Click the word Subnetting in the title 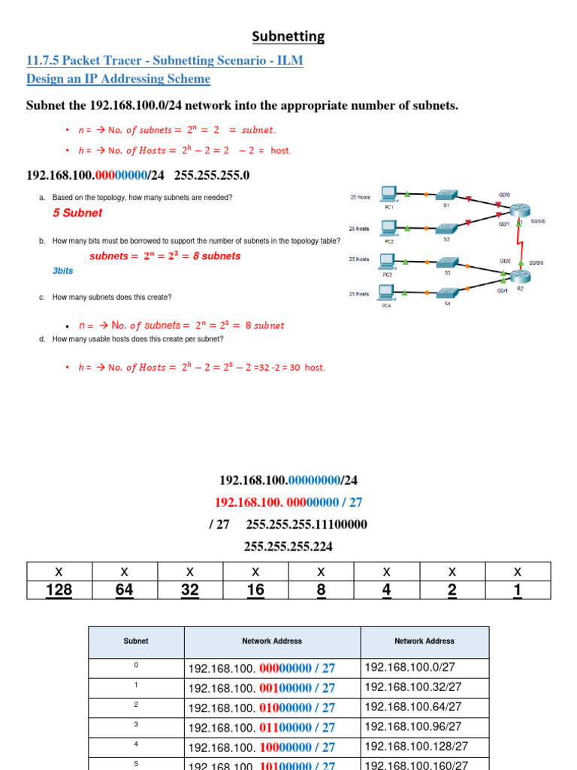point(288,36)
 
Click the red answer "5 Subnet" point(77,213)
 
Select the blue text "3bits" point(63,271)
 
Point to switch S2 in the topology point(446,228)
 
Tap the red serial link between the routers point(520,242)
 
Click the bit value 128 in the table point(59,590)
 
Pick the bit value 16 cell point(255,590)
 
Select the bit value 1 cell point(518,590)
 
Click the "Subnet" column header point(136,641)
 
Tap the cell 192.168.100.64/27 point(413,707)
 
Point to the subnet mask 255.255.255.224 point(288,547)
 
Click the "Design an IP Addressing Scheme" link point(118,79)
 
